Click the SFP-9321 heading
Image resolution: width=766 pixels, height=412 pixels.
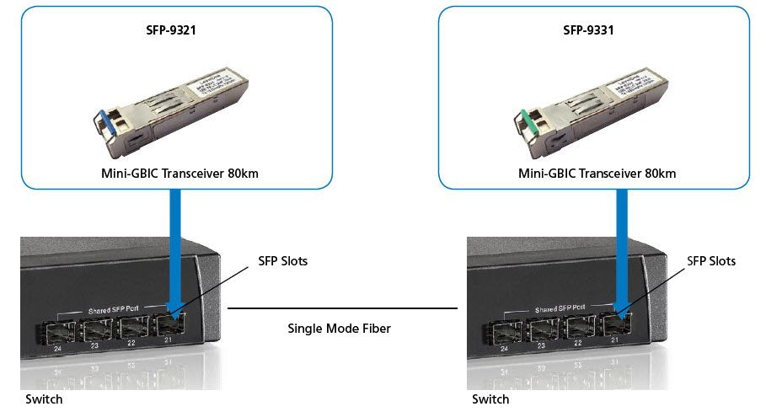click(x=173, y=30)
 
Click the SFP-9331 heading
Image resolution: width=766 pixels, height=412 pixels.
click(x=588, y=30)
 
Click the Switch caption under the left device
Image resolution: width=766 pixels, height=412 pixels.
click(x=43, y=399)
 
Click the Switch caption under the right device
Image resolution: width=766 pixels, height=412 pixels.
click(x=490, y=399)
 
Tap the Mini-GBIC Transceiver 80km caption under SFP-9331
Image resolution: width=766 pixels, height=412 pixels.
click(x=597, y=174)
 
